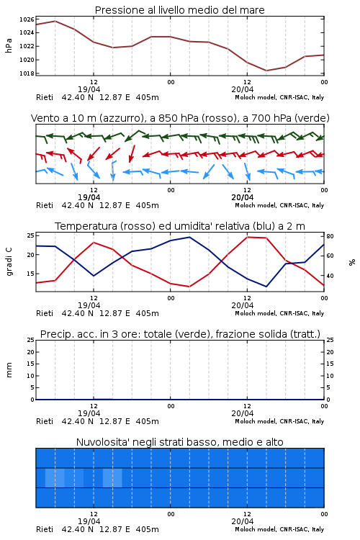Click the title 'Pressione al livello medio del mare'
pyautogui.click(x=179, y=10)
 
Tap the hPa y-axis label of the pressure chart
pyautogui.click(x=9, y=45)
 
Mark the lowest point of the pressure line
pyautogui.click(x=266, y=71)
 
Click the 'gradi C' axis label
pyautogui.click(x=9, y=262)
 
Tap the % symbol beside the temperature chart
pyautogui.click(x=352, y=262)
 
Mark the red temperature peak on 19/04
pyautogui.click(x=94, y=243)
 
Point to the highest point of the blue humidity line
pyautogui.click(x=189, y=237)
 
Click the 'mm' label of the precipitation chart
pyautogui.click(x=9, y=369)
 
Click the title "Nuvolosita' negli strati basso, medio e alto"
pyautogui.click(x=179, y=442)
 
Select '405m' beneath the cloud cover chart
pyautogui.click(x=147, y=529)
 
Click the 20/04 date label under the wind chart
pyautogui.click(x=243, y=198)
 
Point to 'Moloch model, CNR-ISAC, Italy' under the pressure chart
pyautogui.click(x=279, y=97)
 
